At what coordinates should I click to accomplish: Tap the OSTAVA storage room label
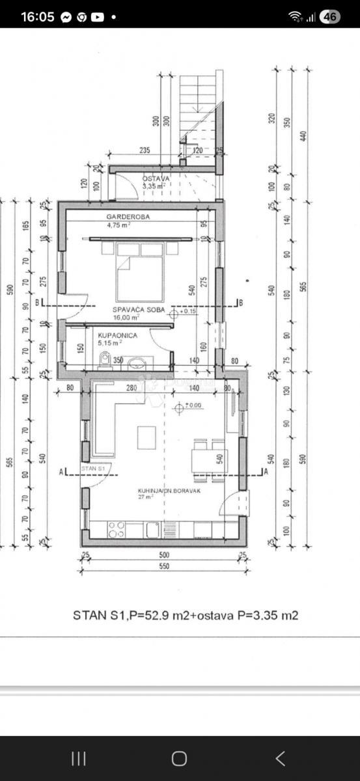[156, 178]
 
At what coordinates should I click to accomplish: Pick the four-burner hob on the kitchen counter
[117, 530]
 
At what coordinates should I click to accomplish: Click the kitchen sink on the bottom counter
[153, 530]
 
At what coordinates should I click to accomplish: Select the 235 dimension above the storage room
[145, 150]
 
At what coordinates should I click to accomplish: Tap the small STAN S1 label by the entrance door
[93, 468]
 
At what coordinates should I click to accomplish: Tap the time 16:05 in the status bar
[38, 17]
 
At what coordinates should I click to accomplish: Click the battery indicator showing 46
[329, 17]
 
